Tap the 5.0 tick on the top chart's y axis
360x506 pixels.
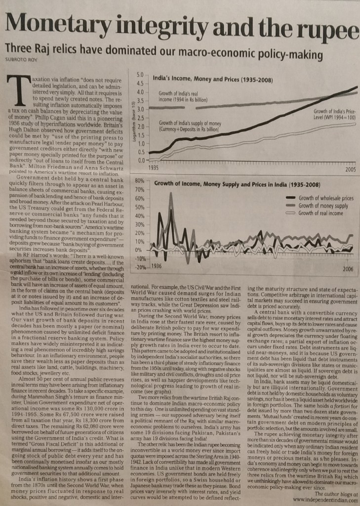pyautogui.click(x=140, y=74)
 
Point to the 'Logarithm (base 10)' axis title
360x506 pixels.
pyautogui.click(x=133, y=117)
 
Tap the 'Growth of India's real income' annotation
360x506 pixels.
pyautogui.click(x=179, y=96)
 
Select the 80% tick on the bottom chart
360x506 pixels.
pyautogui.click(x=138, y=181)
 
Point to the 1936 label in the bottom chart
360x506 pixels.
pyautogui.click(x=157, y=266)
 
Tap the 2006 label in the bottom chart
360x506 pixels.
pyautogui.click(x=348, y=269)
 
